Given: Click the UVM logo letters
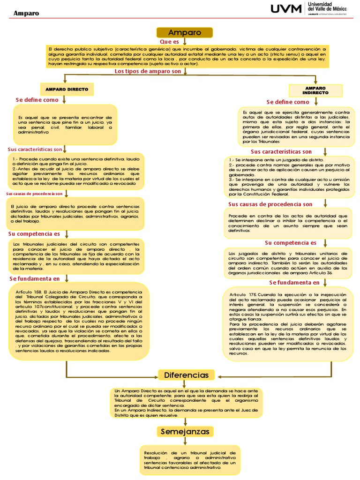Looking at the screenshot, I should (287, 9).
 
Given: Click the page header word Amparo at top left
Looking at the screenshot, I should (26, 13).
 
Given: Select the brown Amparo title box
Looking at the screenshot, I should (184, 33).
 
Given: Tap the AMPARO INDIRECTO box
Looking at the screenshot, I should (315, 90).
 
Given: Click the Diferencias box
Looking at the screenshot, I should (186, 375).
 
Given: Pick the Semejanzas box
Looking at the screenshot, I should (185, 431).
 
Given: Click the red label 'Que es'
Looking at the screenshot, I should (169, 42).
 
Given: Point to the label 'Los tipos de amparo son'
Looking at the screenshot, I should (147, 71).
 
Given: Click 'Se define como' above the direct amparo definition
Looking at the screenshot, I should (37, 100).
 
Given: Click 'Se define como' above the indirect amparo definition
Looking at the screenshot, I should (288, 102).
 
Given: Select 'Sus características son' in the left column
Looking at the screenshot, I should (35, 149).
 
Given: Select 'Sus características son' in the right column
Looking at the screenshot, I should (281, 152).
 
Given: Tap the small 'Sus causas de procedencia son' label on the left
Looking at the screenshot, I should (34, 194).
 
